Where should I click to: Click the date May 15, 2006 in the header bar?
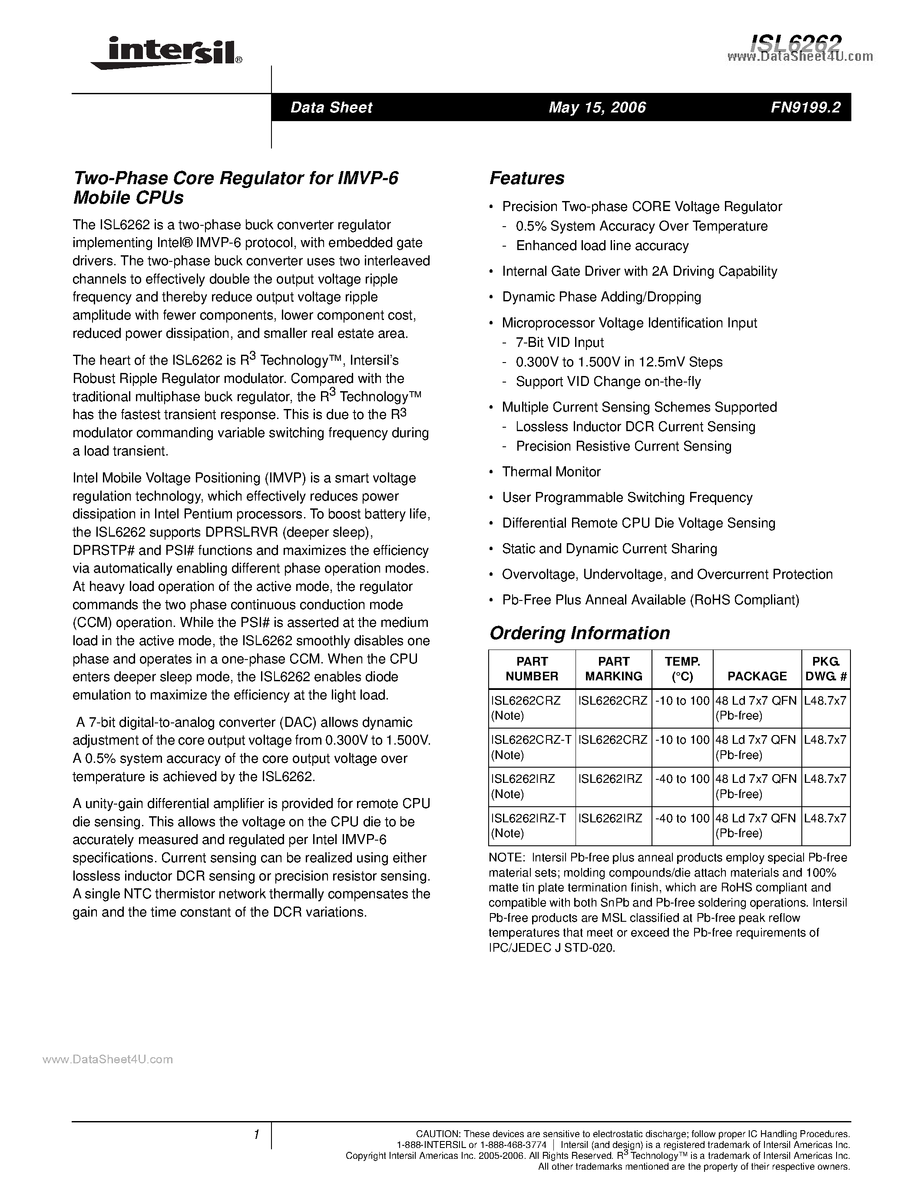click(597, 107)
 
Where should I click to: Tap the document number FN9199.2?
click(805, 107)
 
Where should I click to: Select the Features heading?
click(526, 178)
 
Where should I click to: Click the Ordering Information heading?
click(579, 633)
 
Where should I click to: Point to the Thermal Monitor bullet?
click(551, 472)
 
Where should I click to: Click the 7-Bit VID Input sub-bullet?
click(559, 342)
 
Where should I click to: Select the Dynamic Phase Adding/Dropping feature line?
click(601, 297)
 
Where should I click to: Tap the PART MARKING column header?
click(613, 669)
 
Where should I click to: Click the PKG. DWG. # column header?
click(826, 669)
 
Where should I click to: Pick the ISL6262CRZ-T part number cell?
click(531, 740)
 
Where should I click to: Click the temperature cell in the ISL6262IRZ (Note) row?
click(682, 778)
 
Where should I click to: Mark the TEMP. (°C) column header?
click(682, 669)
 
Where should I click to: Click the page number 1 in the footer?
click(256, 1135)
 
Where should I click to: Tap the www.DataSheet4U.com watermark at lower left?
click(108, 1059)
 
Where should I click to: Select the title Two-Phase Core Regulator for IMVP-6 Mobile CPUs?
click(236, 188)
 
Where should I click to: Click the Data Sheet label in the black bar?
click(331, 107)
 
